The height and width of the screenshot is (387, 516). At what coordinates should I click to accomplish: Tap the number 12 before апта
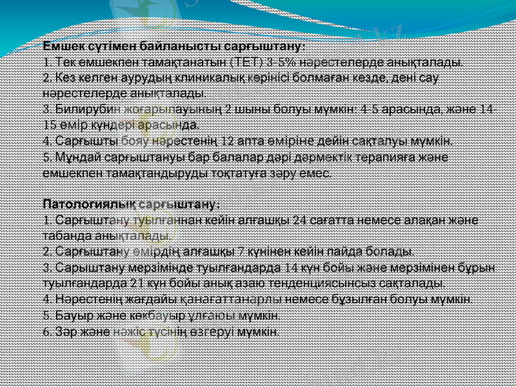coord(228,141)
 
